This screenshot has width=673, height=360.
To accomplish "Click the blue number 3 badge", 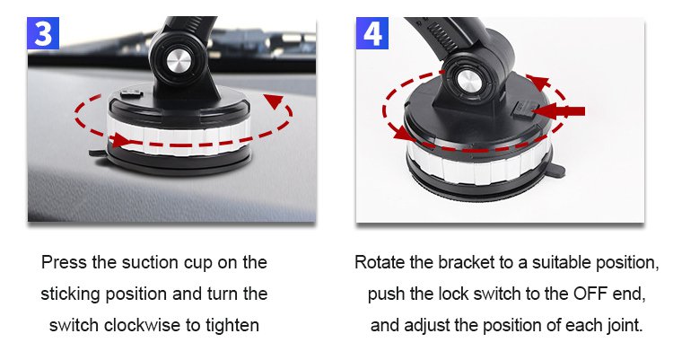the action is tap(43, 33).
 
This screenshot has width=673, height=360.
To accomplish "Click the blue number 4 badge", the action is tap(372, 33).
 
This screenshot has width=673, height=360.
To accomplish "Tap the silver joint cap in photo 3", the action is tap(179, 60).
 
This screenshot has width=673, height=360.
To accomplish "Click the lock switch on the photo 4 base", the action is tap(521, 110).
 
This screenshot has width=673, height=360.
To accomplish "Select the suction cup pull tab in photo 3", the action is tap(97, 154).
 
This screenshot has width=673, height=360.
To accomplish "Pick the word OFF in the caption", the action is tap(590, 294).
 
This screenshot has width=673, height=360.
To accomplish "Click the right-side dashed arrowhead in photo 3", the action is tap(274, 101).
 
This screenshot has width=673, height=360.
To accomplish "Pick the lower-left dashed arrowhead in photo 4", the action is tap(404, 132).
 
